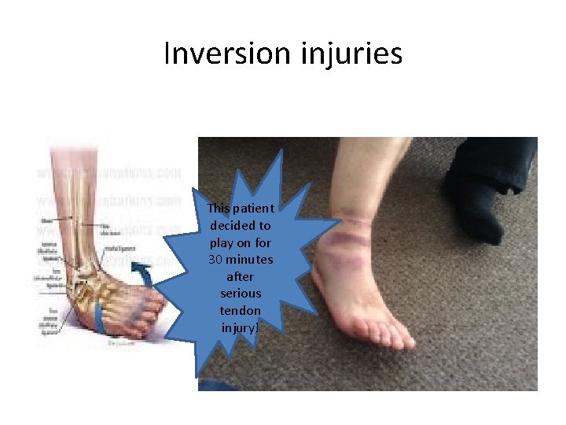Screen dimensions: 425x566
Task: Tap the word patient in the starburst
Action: (x=255, y=209)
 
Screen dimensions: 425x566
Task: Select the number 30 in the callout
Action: (x=216, y=260)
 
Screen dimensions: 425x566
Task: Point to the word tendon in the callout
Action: (x=241, y=310)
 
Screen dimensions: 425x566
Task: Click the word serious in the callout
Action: (x=241, y=294)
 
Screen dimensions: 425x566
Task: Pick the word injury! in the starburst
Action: (x=241, y=327)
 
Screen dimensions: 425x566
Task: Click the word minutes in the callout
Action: (x=252, y=260)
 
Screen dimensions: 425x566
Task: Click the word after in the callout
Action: (x=241, y=276)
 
